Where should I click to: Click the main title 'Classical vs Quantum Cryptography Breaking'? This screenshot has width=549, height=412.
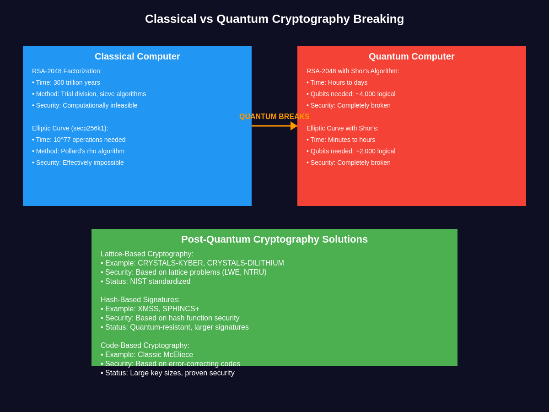click(x=274, y=19)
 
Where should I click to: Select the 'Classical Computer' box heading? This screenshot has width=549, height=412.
click(x=137, y=56)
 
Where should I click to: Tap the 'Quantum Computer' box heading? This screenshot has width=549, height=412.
click(x=412, y=56)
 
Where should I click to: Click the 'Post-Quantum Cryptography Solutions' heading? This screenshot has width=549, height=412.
click(x=274, y=239)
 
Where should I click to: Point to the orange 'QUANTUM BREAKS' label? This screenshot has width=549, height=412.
click(x=274, y=117)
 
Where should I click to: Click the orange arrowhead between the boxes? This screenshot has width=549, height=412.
click(x=294, y=126)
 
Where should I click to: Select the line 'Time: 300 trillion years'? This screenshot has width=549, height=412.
click(x=66, y=82)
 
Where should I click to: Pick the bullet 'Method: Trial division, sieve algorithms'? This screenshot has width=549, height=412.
click(x=89, y=94)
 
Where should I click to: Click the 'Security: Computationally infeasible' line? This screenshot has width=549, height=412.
click(x=85, y=105)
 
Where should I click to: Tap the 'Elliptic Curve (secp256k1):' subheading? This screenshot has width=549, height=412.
click(x=70, y=128)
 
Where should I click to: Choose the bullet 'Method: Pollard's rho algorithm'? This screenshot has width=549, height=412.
click(x=78, y=151)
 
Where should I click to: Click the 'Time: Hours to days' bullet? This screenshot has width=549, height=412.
click(x=337, y=82)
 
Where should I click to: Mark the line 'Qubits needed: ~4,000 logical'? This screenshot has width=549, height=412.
click(x=351, y=94)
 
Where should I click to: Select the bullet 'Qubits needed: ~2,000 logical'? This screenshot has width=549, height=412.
click(x=351, y=151)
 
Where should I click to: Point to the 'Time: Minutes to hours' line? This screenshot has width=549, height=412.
click(x=341, y=140)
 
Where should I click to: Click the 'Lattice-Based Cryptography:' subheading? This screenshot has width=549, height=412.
click(x=147, y=254)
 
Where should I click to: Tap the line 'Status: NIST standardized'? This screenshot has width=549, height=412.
click(x=145, y=282)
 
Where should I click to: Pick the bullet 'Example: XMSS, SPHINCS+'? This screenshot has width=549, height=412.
click(x=150, y=309)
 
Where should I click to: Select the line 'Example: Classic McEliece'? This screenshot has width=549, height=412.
click(x=147, y=355)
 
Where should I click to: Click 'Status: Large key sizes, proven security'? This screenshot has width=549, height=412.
click(x=167, y=373)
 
